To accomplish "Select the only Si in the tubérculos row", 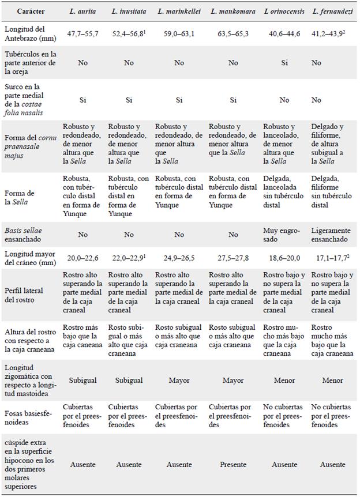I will tap(284, 62).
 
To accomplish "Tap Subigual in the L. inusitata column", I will tap(129, 381).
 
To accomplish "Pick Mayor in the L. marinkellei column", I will tap(179, 381).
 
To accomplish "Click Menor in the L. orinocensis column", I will tap(283, 381).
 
